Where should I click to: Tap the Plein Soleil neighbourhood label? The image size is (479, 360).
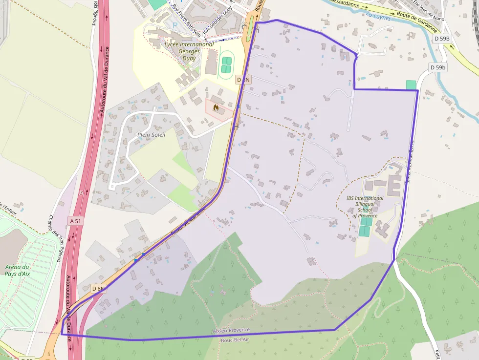click(152, 134)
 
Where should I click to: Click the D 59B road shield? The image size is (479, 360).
click(450, 39)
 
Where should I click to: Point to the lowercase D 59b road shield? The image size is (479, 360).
click(437, 67)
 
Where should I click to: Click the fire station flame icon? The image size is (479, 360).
click(216, 107)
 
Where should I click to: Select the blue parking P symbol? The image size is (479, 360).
click(175, 25)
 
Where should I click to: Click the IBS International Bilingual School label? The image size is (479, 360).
click(365, 207)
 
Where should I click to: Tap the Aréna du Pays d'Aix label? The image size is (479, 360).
click(18, 270)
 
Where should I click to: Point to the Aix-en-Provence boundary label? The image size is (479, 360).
click(231, 331)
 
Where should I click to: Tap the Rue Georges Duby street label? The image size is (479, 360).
click(218, 22)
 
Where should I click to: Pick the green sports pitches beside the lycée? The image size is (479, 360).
click(226, 65)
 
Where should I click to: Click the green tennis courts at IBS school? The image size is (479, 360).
click(365, 227)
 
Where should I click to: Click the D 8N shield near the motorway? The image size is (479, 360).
click(98, 288)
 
